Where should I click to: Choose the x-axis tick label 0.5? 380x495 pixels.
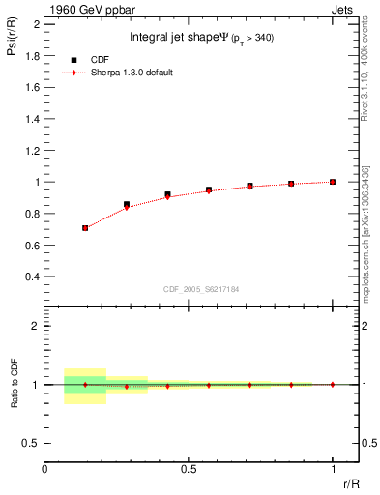tap(189, 468)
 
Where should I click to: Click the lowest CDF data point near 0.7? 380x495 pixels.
tap(85, 228)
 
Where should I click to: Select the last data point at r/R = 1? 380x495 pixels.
tap(333, 182)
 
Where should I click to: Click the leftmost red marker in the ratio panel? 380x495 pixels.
tap(85, 385)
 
